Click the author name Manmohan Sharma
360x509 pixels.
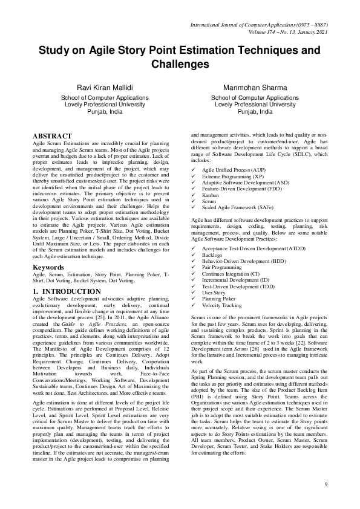tap(255, 88)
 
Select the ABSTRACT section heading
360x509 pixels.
tap(53, 136)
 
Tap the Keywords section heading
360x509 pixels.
tap(48, 267)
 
